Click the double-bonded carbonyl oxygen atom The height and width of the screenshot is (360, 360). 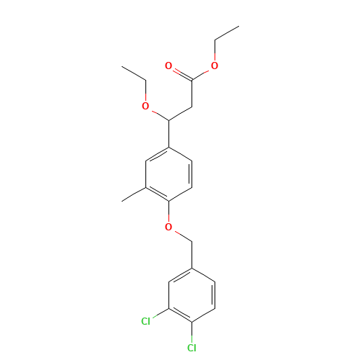pos(168,66)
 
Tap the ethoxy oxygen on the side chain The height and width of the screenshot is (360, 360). pos(145,107)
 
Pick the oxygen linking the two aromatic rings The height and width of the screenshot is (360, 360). pos(168,228)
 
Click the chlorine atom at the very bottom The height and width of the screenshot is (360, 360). pos(192,348)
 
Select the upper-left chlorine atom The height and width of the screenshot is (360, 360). pos(145,321)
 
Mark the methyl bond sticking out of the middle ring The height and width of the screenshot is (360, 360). pos(135,194)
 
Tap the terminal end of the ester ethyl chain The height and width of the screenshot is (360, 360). pos(238,27)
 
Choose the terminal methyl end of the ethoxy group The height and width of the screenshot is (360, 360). pos(123,67)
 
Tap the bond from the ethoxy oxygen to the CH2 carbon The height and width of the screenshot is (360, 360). pos(157,113)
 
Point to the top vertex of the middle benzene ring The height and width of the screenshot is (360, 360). pos(169,148)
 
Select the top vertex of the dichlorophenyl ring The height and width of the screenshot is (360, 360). pos(192,269)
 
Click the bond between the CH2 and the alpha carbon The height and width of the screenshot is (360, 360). pos(180,113)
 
